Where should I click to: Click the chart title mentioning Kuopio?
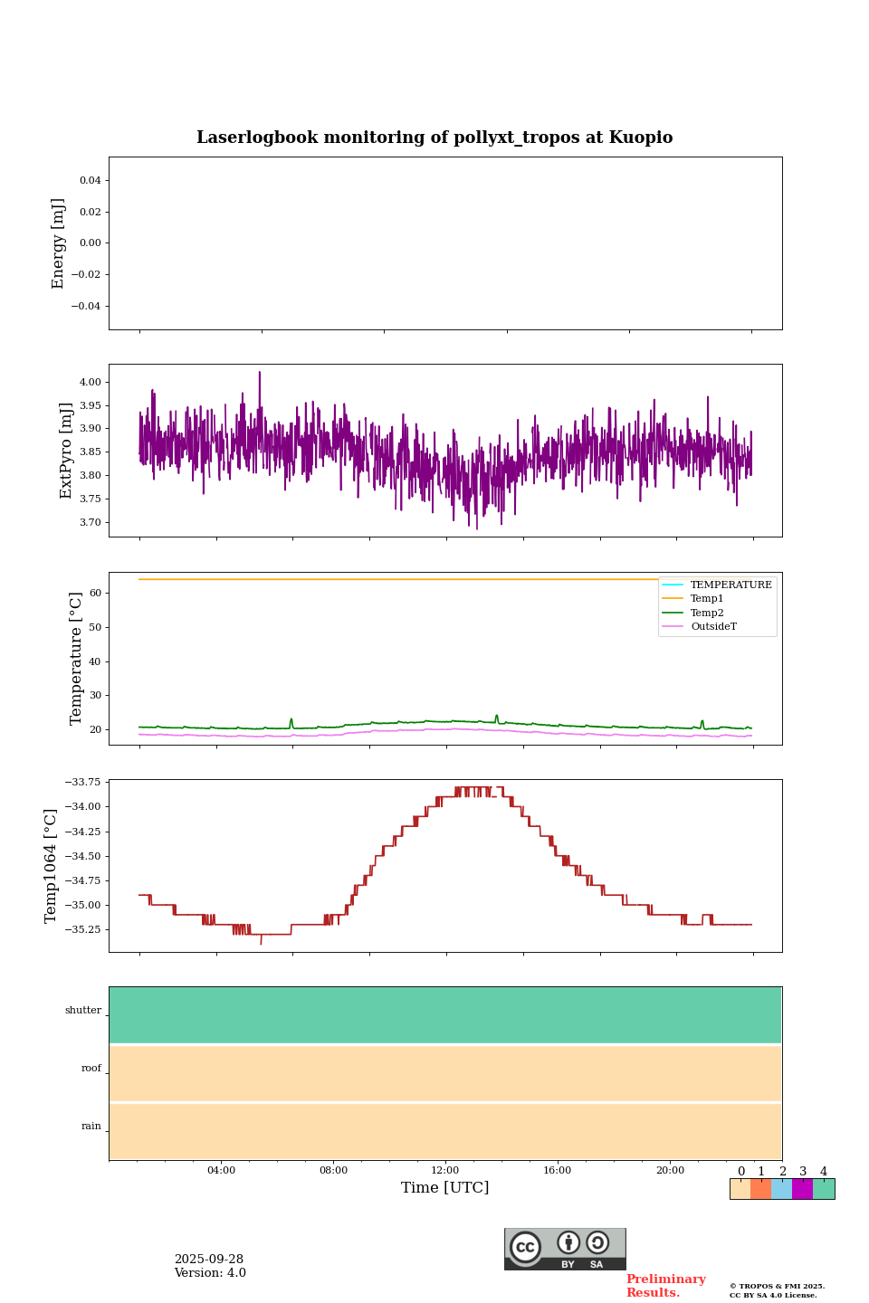coord(434,138)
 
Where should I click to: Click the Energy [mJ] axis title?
coord(59,243)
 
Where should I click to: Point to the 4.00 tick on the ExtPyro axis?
coord(91,382)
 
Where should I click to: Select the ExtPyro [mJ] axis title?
coord(66,451)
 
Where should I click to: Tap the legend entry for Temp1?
coord(707,599)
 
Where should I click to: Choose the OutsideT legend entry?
coord(713,627)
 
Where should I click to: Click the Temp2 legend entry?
coord(707,613)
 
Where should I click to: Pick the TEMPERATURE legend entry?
coord(731,585)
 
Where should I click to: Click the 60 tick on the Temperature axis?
coord(95,594)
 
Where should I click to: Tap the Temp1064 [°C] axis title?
coord(52,866)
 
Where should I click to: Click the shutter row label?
coord(83,1011)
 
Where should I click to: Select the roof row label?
coord(91,1069)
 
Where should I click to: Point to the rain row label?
coord(91,1127)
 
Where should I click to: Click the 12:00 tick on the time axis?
coord(445,1171)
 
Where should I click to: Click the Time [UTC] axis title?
coord(445,1188)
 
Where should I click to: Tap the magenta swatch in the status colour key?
coord(802,1189)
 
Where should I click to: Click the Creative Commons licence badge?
coord(565,1249)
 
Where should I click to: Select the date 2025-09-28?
coord(209,1260)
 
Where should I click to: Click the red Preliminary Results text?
coord(665,1286)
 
